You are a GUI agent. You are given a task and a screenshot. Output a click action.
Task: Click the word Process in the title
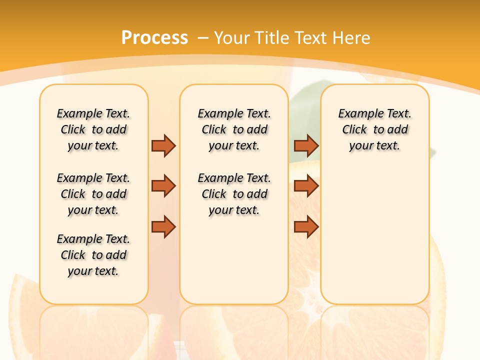[154, 37]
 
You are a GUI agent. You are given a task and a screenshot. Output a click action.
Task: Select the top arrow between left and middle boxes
[163, 145]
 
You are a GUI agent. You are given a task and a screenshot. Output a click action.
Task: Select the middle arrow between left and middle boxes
[163, 186]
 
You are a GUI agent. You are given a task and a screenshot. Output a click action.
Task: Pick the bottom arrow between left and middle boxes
[163, 227]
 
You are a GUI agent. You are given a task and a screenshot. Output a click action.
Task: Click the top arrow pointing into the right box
[306, 145]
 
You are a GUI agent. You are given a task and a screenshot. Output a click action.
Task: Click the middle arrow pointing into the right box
[306, 186]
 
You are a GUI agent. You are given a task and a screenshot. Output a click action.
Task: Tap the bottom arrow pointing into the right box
[306, 227]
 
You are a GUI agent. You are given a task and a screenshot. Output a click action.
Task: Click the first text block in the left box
[93, 129]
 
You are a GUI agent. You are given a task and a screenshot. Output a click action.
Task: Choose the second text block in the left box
[93, 194]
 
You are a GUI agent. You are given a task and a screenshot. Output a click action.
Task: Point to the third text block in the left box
[93, 255]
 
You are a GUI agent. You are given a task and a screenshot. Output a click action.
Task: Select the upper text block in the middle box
[234, 129]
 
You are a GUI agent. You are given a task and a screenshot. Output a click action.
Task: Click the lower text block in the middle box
[234, 194]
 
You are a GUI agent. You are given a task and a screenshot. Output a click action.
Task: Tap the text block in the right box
[374, 129]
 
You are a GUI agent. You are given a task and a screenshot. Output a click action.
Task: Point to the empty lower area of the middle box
[234, 260]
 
